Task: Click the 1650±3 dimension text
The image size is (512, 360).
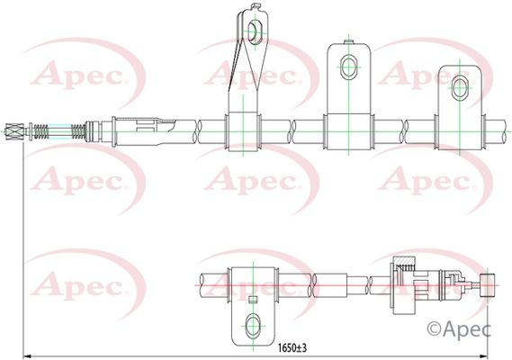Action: point(292,348)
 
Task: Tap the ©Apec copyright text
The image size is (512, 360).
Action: point(459,329)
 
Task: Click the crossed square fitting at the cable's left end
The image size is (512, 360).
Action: point(15,131)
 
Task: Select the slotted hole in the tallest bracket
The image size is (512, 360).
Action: point(255,31)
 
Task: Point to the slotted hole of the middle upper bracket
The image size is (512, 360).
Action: point(349,67)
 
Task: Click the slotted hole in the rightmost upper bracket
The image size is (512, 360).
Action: point(460,88)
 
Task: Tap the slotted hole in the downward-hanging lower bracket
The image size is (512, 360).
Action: point(253,326)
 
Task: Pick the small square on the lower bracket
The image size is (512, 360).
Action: point(253,300)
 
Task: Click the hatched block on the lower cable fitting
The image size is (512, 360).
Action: point(406,261)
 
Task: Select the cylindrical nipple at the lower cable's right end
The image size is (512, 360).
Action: point(487,285)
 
